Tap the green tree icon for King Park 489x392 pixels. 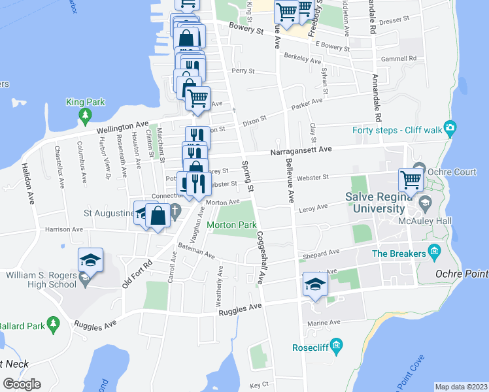click(84, 115)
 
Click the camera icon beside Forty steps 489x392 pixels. click(449, 127)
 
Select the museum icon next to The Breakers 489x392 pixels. click(434, 253)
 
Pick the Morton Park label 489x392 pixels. click(231, 225)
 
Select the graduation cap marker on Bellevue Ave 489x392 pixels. click(314, 285)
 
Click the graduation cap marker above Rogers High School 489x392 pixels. click(90, 260)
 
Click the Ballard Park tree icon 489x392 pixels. click(54, 322)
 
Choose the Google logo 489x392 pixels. click(22, 384)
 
